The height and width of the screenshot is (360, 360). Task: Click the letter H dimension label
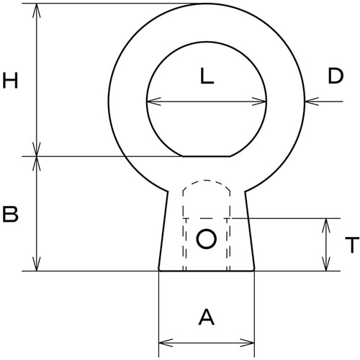[10, 81]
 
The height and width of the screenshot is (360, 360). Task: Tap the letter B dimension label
[10, 215]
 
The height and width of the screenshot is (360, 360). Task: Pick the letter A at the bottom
[207, 316]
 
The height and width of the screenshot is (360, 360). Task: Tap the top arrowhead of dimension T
[328, 222]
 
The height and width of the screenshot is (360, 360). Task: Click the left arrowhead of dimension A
[163, 339]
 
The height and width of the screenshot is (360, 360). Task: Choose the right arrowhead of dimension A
[251, 339]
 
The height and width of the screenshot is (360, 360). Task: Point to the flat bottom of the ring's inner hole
[207, 156]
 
